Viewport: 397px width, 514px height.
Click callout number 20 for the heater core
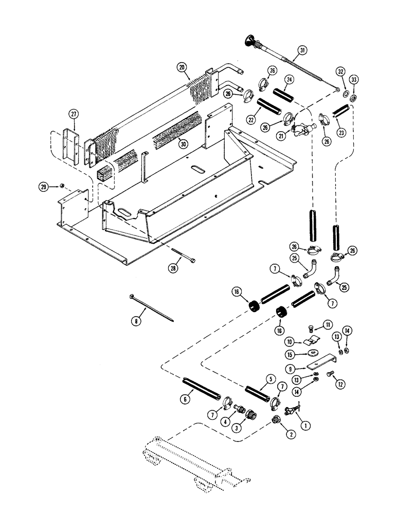(182, 67)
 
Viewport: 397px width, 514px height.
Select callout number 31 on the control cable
(301, 50)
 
